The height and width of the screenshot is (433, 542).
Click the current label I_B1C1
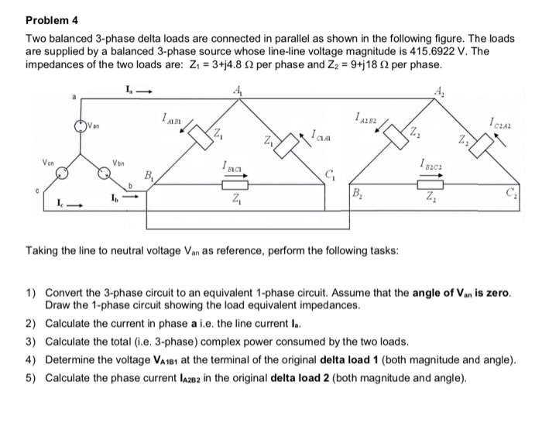(x=232, y=164)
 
